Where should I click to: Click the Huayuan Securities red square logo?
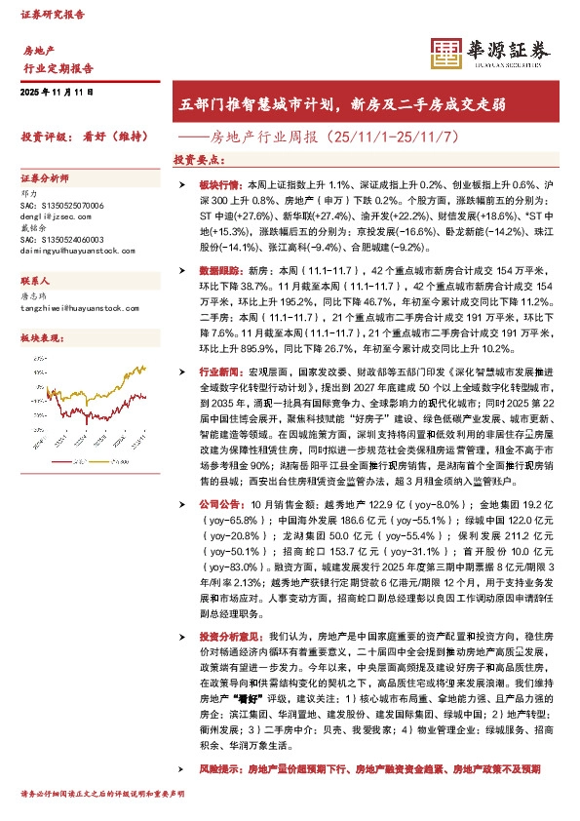click(x=445, y=53)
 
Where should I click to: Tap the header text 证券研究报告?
click(x=53, y=15)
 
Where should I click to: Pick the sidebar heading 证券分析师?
click(x=45, y=180)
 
